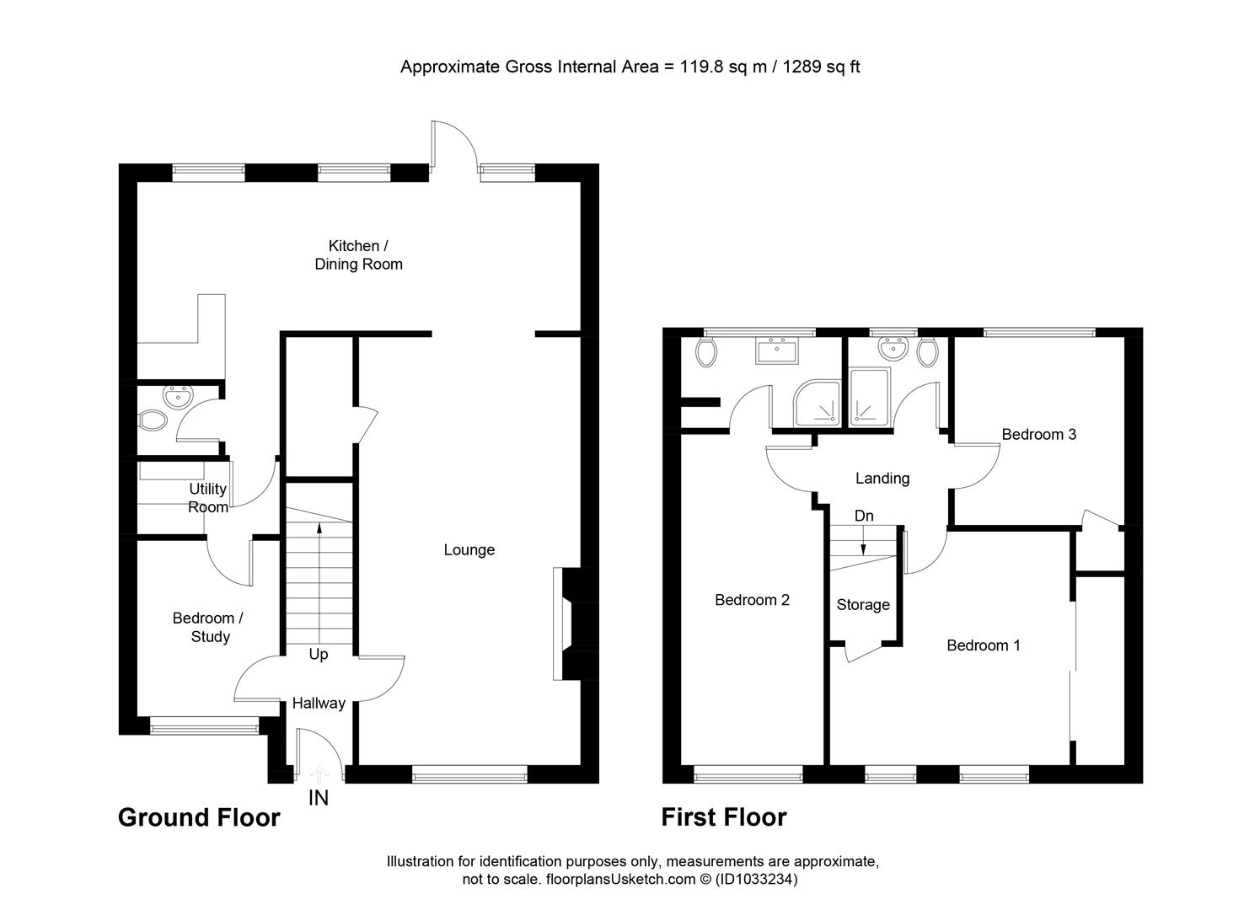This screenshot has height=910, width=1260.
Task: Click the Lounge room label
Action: (x=469, y=550)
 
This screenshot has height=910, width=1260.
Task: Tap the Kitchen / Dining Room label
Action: (x=358, y=254)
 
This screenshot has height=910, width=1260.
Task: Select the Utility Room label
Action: (x=207, y=498)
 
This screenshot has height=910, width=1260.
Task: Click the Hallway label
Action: (x=318, y=703)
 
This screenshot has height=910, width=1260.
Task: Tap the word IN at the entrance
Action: (x=319, y=798)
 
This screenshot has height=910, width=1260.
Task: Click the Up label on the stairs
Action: (x=319, y=655)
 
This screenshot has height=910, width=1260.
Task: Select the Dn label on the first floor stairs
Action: (x=864, y=516)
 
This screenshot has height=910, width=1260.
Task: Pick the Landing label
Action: (x=882, y=479)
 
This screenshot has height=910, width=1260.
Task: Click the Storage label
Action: (x=863, y=605)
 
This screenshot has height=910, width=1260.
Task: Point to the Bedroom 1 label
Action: (x=984, y=645)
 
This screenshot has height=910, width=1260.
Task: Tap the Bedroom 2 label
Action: (x=752, y=600)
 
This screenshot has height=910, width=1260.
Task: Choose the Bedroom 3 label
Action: (x=1038, y=435)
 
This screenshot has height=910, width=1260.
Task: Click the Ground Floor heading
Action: (x=199, y=817)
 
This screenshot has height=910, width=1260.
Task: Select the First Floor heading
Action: (x=723, y=817)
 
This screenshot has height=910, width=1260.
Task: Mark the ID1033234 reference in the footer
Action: (x=756, y=880)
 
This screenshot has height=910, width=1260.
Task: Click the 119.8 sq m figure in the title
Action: (x=715, y=67)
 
